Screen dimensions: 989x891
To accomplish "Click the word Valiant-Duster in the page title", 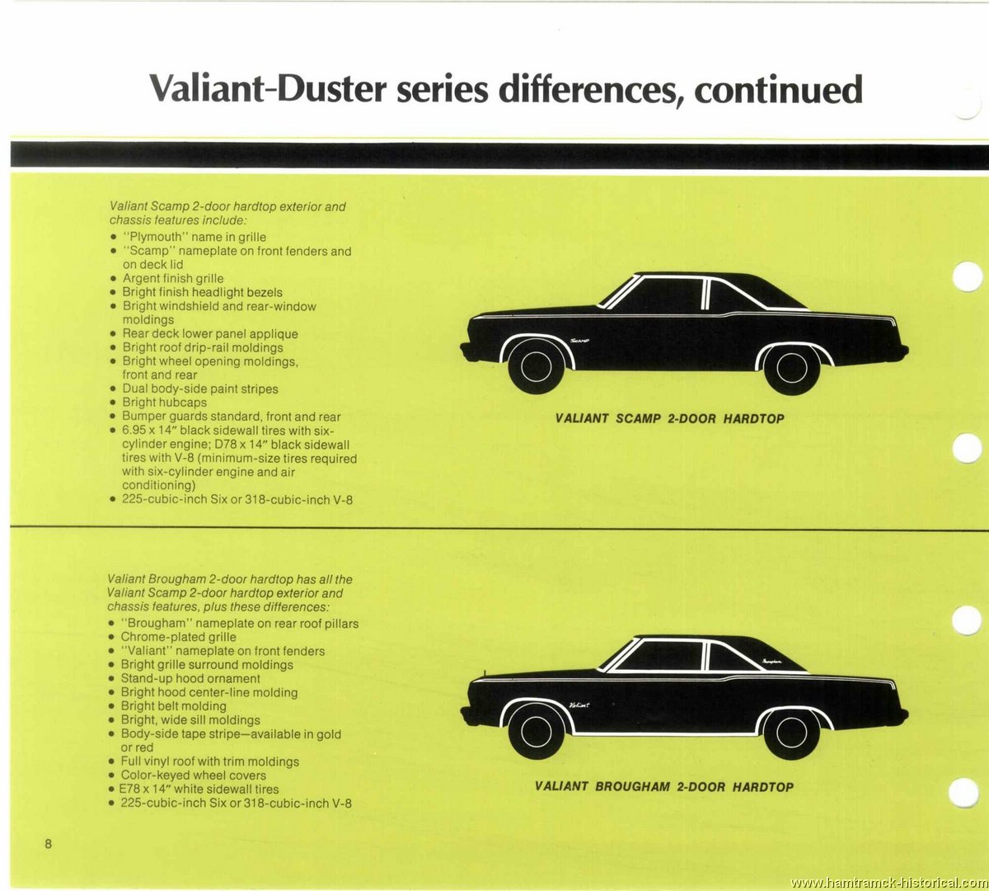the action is pyautogui.click(x=268, y=89).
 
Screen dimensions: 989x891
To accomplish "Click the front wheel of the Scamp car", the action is pyautogui.click(x=536, y=366).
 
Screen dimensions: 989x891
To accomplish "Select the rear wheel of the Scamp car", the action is pyautogui.click(x=792, y=367).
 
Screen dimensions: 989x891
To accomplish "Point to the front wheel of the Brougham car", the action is pyautogui.click(x=536, y=732).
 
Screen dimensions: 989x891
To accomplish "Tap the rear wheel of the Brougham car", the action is pyautogui.click(x=792, y=733).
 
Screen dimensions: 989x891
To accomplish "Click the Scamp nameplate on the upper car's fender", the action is pyautogui.click(x=579, y=341).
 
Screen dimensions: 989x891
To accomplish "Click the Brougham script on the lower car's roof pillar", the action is pyautogui.click(x=771, y=661).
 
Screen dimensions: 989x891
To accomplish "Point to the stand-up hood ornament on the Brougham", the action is pyautogui.click(x=485, y=673).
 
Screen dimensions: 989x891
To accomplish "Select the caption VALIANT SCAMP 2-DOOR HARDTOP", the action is pyautogui.click(x=669, y=418).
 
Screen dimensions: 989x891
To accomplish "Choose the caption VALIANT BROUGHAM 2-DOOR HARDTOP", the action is pyautogui.click(x=664, y=786).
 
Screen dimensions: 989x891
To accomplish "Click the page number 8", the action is pyautogui.click(x=48, y=844).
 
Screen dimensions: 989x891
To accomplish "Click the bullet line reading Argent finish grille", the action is pyautogui.click(x=173, y=278).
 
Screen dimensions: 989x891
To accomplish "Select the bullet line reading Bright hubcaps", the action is pyautogui.click(x=165, y=403).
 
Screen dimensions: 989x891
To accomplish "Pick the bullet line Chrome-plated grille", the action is pyautogui.click(x=179, y=637).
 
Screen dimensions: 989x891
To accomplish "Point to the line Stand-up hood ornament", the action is pyautogui.click(x=190, y=678).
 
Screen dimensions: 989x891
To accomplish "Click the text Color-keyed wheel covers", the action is pyautogui.click(x=193, y=775).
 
